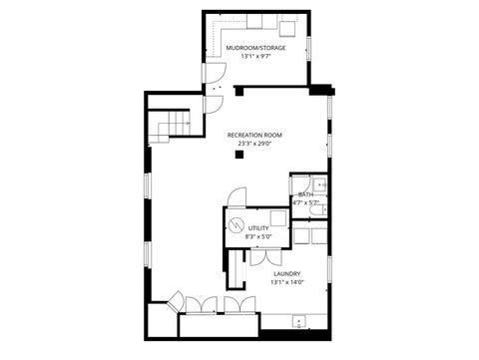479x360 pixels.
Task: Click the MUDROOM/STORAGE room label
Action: click(x=256, y=48)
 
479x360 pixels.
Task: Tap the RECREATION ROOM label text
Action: click(x=254, y=135)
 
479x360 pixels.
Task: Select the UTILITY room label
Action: click(x=258, y=228)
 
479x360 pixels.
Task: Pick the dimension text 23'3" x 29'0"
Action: click(x=254, y=144)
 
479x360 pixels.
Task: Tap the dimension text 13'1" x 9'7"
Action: click(x=256, y=57)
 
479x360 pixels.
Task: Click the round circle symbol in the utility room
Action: click(x=237, y=223)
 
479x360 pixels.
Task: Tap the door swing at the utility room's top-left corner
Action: click(x=233, y=197)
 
